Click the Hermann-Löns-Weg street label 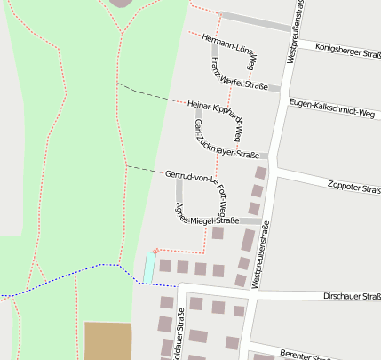pos(229,51)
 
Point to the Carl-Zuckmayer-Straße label pos(218,133)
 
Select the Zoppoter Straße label pos(353,187)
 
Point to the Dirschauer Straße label pos(352,297)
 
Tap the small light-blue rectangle pos(149,264)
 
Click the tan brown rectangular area pos(108,340)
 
